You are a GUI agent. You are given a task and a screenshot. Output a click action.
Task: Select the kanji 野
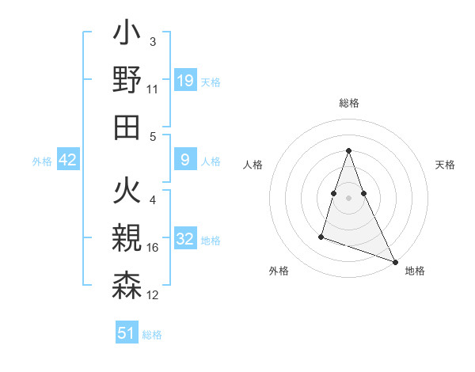pyautogui.click(x=127, y=82)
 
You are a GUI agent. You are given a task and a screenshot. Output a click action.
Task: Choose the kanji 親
pyautogui.click(x=127, y=240)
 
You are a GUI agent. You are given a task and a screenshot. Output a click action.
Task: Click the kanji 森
pyautogui.click(x=127, y=285)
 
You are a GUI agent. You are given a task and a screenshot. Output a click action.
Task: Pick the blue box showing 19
pyautogui.click(x=184, y=81)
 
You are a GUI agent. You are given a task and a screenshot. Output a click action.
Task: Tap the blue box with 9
pyautogui.click(x=184, y=161)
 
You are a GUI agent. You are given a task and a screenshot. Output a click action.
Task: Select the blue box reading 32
pyautogui.click(x=184, y=240)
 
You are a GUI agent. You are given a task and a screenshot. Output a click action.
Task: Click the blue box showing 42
pyautogui.click(x=68, y=161)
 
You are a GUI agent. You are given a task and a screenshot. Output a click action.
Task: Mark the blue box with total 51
pyautogui.click(x=127, y=333)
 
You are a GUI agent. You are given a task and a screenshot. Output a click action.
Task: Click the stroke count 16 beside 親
pyautogui.click(x=153, y=248)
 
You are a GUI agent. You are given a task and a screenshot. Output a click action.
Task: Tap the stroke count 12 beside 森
pyautogui.click(x=153, y=294)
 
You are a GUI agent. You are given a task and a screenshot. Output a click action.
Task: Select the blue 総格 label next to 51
pyautogui.click(x=152, y=335)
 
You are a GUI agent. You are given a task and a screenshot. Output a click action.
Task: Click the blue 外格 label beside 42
pyautogui.click(x=42, y=161)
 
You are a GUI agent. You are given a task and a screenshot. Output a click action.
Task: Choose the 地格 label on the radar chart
pyautogui.click(x=415, y=271)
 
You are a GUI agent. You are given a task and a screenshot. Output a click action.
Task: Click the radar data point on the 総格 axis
pyautogui.click(x=348, y=151)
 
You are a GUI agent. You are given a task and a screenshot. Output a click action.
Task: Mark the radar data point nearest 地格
pyautogui.click(x=395, y=262)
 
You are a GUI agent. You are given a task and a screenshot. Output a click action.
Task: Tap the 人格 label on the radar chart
pyautogui.click(x=253, y=165)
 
